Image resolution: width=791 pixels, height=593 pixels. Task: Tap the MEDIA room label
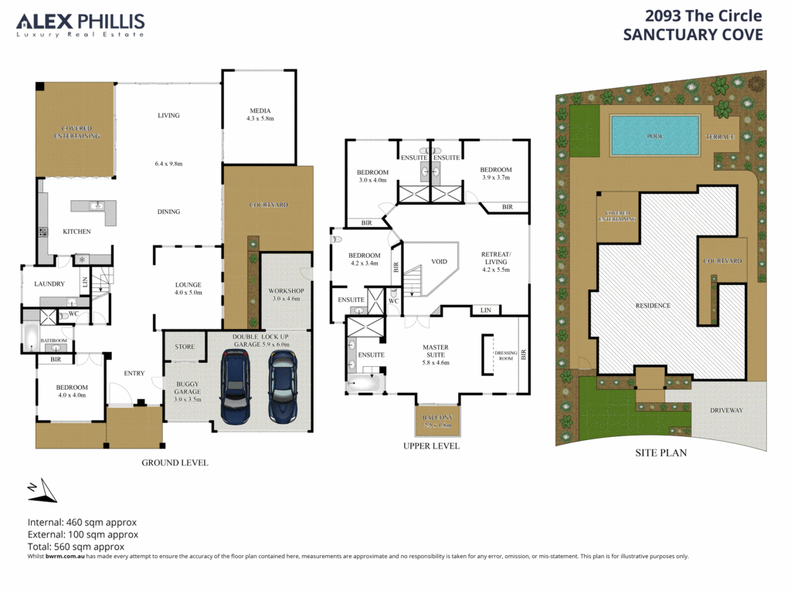(x=260, y=110)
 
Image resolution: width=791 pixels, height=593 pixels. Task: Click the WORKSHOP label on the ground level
(x=287, y=290)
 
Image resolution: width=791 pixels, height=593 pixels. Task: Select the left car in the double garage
(x=236, y=385)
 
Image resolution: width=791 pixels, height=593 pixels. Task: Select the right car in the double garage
(x=283, y=385)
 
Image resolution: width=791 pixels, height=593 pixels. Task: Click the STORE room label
(x=185, y=347)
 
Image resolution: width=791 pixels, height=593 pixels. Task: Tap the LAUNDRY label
(x=49, y=284)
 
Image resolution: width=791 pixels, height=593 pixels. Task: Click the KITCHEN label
(x=76, y=232)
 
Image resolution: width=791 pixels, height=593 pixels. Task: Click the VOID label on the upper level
(x=440, y=261)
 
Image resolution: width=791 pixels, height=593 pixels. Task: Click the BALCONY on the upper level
(x=437, y=421)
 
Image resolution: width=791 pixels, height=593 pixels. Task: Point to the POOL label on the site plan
(x=654, y=136)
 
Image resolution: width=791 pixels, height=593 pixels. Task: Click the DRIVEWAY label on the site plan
(x=726, y=410)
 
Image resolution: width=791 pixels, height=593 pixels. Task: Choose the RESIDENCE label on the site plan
(x=654, y=306)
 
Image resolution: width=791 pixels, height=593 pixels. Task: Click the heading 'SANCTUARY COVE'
(x=692, y=35)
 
